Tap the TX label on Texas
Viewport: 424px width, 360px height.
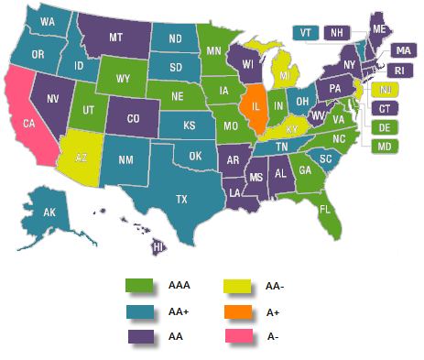pos(182,198)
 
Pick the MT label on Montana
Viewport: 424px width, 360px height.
pos(116,38)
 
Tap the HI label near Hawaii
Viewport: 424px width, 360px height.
pos(158,246)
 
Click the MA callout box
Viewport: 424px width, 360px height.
pos(401,49)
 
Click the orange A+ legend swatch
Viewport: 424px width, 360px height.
pos(233,311)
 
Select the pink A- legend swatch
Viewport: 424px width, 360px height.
pos(233,337)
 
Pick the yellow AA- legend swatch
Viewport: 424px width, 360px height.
pos(233,286)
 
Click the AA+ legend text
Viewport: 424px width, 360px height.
pos(179,311)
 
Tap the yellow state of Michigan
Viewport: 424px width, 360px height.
pos(288,75)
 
